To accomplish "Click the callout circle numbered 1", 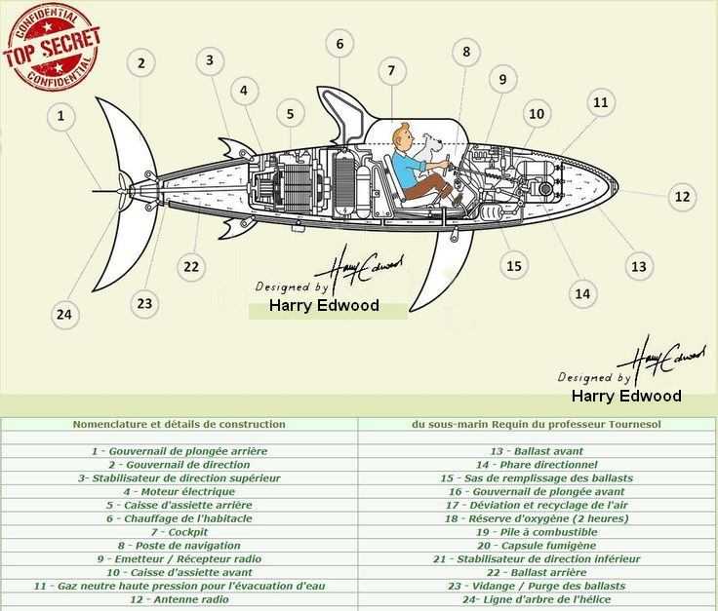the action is (x=60, y=116).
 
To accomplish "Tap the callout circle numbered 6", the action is (x=339, y=44).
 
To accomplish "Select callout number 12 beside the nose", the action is (x=682, y=197).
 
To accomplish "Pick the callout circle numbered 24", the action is (x=64, y=314).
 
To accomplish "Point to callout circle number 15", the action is (x=514, y=266).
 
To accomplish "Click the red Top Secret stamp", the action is (x=53, y=48).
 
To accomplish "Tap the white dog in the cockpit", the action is (x=429, y=151).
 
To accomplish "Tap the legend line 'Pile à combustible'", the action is (x=537, y=532).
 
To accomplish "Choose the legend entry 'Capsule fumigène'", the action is (x=537, y=545).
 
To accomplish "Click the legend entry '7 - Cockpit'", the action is (x=179, y=532).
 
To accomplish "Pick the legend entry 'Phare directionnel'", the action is (x=537, y=465).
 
